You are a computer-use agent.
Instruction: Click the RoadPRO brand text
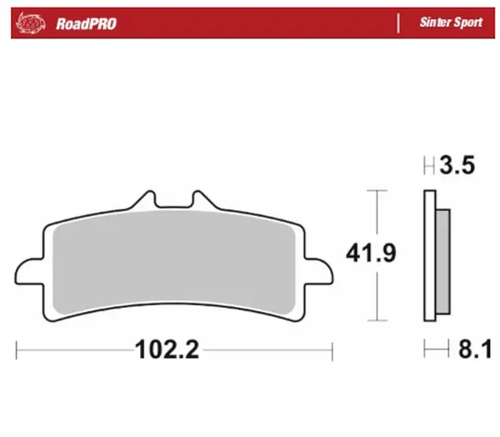tap(86, 23)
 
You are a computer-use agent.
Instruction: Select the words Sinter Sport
tap(450, 23)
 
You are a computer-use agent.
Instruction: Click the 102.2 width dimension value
tap(167, 350)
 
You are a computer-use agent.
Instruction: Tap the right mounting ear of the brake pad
tap(319, 270)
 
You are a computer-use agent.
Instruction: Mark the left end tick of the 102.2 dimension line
tap(17, 350)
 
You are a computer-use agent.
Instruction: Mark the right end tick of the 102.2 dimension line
tap(332, 350)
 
